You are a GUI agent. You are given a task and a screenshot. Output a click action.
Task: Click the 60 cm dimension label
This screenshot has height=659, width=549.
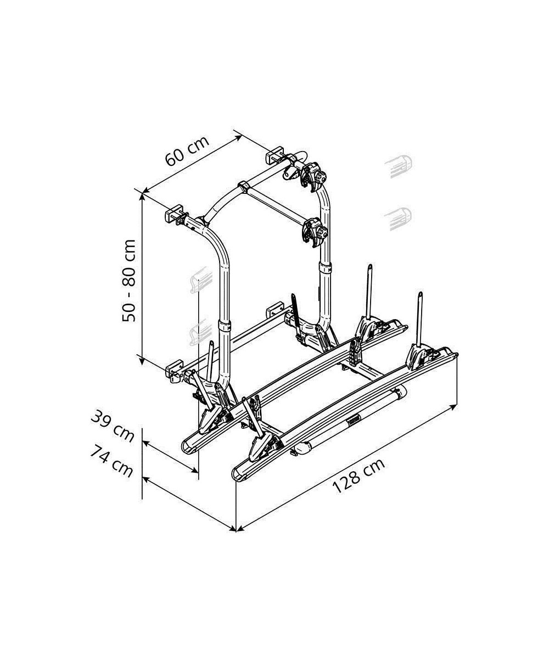point(187,151)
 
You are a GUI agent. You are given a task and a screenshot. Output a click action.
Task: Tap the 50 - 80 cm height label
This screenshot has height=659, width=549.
point(128,281)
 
